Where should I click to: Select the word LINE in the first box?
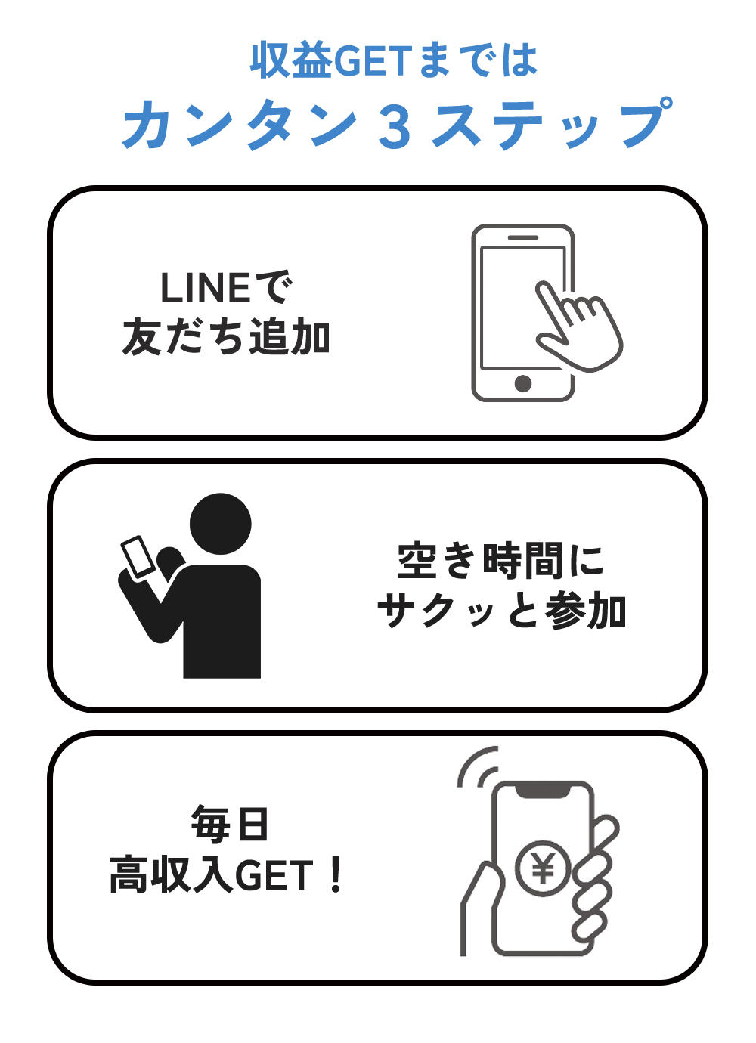206,288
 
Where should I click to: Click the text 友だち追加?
226,336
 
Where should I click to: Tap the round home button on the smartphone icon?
523,383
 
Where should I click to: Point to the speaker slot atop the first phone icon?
523,237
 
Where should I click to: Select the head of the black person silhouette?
220,524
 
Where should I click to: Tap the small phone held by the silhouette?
138,558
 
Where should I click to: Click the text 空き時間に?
500,561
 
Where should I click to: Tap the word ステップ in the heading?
553,123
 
